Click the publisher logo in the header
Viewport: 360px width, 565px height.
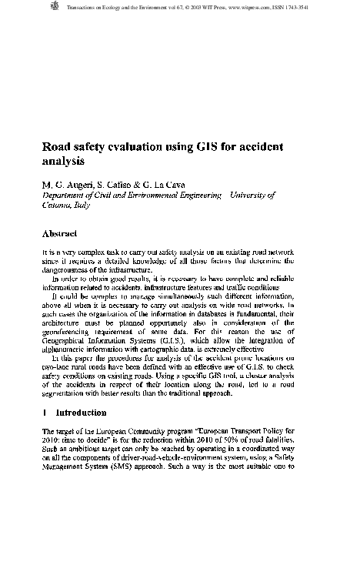point(53,7)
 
